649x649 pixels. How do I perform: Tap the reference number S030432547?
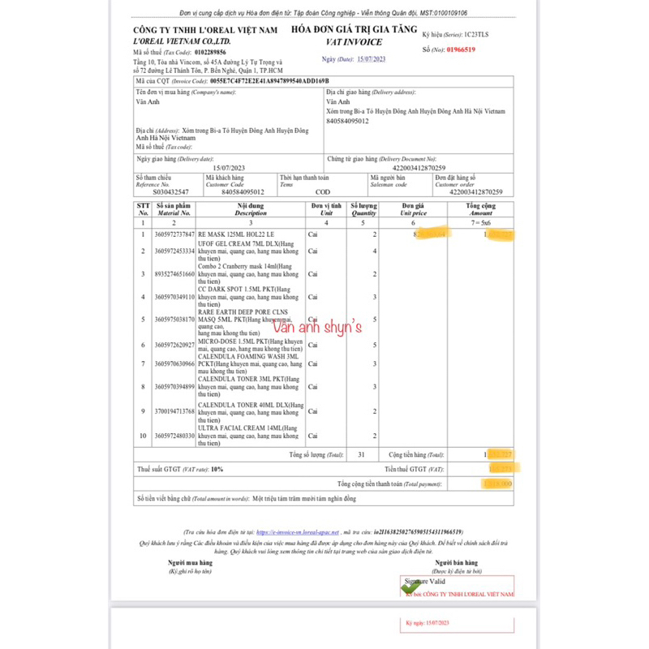tap(160, 192)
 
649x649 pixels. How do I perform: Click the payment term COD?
tap(322, 192)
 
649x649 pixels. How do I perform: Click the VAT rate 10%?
tap(216, 470)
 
